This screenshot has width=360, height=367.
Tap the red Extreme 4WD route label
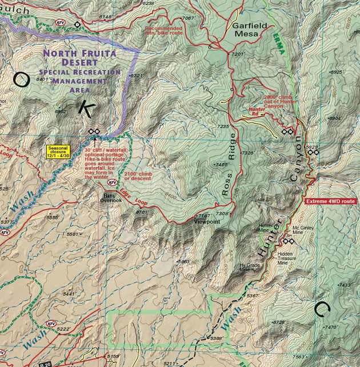(331, 202)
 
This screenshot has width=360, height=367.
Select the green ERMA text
(280, 43)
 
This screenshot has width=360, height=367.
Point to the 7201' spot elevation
(238, 54)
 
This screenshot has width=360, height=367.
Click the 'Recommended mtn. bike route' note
(164, 31)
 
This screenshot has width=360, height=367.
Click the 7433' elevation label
(345, 285)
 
